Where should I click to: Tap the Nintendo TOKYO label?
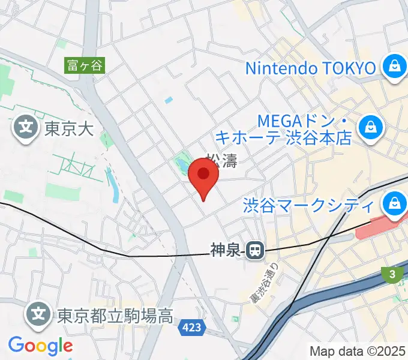(x=310, y=67)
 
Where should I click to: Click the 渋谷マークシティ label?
(x=309, y=206)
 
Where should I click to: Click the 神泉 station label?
(x=226, y=250)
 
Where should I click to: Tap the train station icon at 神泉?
(x=256, y=250)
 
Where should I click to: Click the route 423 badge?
(x=193, y=328)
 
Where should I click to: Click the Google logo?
(x=40, y=346)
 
